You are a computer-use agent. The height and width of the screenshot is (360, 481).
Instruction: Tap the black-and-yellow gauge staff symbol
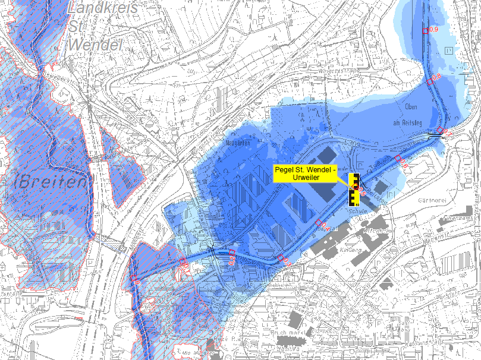click(x=355, y=190)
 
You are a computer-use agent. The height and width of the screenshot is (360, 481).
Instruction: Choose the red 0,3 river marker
click(x=282, y=258)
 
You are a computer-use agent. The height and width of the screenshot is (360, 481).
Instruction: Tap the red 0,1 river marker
click(x=184, y=262)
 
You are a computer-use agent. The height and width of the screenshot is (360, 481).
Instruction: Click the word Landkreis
click(x=103, y=8)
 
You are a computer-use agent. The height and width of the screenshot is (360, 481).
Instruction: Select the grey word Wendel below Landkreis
click(x=95, y=45)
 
